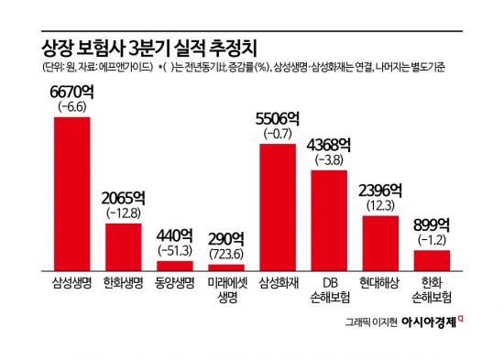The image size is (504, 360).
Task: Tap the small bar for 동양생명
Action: [174, 264]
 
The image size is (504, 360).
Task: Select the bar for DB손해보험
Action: [329, 219]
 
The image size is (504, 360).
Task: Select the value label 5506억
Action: [278, 119]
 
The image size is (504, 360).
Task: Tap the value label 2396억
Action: [380, 191]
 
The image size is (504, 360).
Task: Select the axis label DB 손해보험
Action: [329, 289]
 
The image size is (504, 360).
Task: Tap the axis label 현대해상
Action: [380, 283]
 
